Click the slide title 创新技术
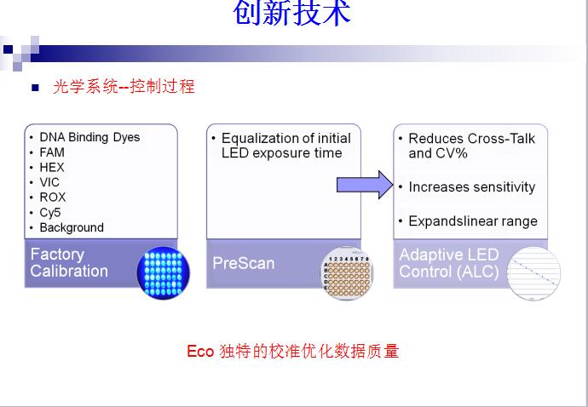coord(291,14)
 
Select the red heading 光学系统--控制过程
coord(124,87)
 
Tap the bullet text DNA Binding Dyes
coord(89,137)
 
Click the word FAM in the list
coord(52,152)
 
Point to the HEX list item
coord(52,168)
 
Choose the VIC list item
coord(49,182)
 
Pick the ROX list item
coord(52,198)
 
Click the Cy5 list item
coord(50,213)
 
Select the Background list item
coord(72,227)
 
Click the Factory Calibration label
coord(69,263)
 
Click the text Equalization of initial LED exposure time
coord(285,146)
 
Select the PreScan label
coord(243,263)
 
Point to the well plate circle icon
coord(347,272)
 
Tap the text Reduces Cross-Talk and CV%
coord(472,146)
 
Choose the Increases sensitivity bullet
coord(471,187)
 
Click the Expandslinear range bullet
coord(473,221)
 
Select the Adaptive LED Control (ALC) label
coord(449,264)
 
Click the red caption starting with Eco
coord(292,352)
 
